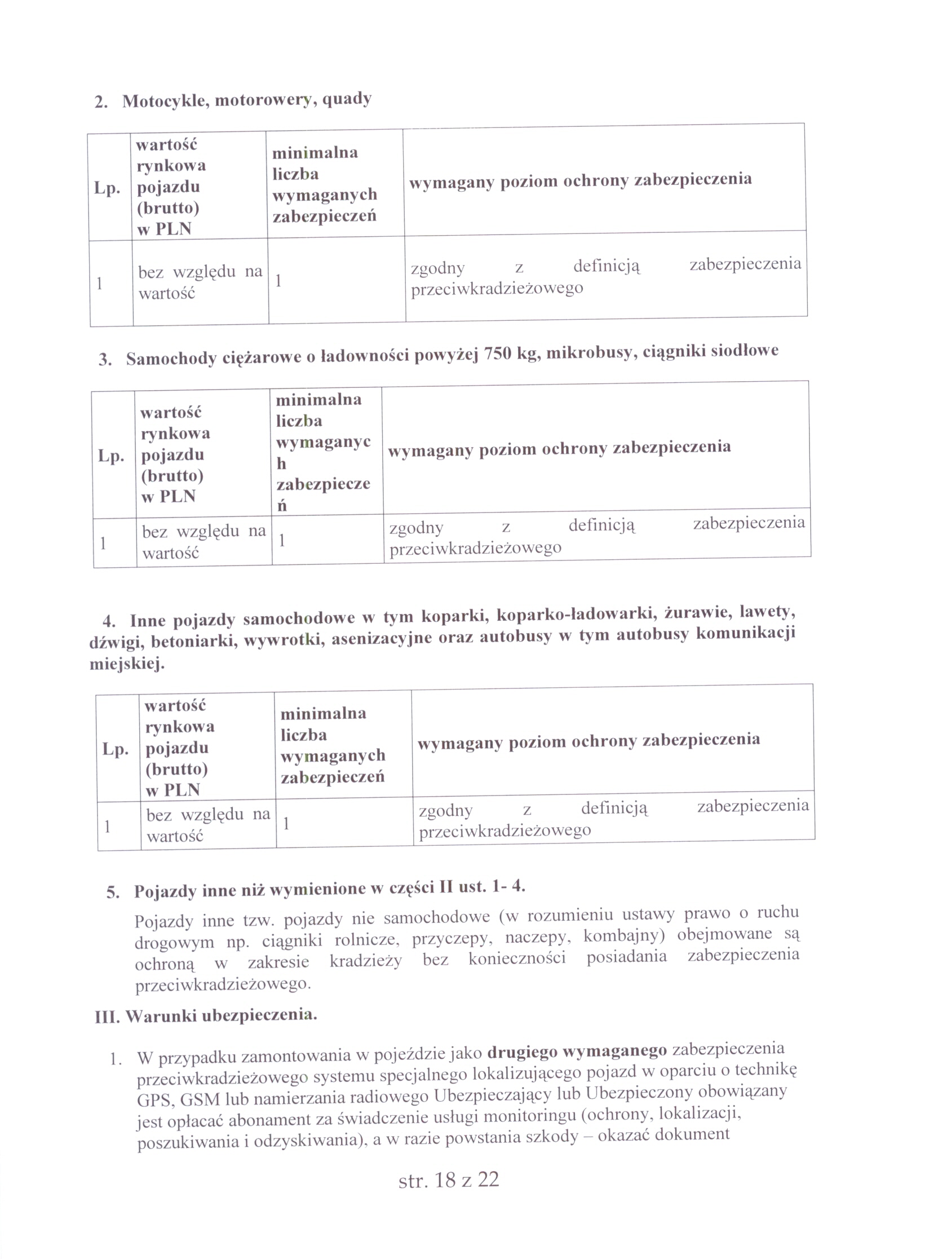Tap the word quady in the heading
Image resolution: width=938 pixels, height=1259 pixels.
pyautogui.click(x=346, y=99)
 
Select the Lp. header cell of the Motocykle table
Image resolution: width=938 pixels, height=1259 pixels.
pyautogui.click(x=107, y=188)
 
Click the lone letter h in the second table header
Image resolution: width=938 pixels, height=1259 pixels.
pyautogui.click(x=281, y=463)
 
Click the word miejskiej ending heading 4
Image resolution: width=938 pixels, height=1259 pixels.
pyautogui.click(x=127, y=663)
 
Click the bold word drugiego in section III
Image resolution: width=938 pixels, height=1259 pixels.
pyautogui.click(x=521, y=1052)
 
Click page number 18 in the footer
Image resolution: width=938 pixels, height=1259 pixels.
pyautogui.click(x=445, y=1180)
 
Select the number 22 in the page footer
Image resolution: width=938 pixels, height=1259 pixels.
pyautogui.click(x=488, y=1180)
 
